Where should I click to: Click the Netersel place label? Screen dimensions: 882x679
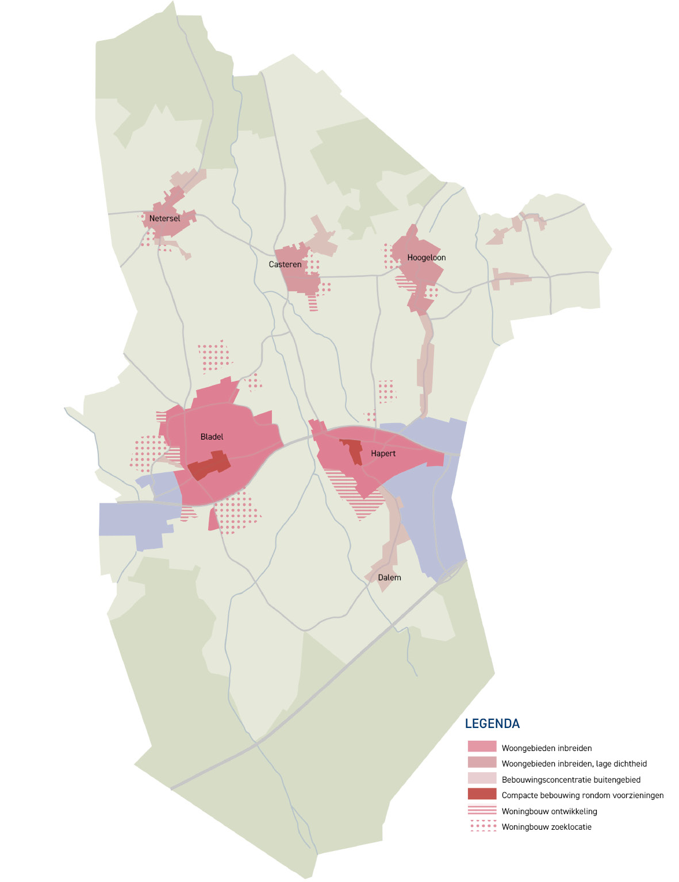pos(164,218)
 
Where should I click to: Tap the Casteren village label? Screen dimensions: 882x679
pos(285,264)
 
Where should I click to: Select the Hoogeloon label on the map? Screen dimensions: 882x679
pos(427,257)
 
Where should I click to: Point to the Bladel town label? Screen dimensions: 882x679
pos(212,437)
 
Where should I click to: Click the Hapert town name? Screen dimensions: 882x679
pos(383,453)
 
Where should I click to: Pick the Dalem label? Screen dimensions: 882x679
pos(389,577)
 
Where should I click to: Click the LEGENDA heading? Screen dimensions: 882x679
pos(492,724)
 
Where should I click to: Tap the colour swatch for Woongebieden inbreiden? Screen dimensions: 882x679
pos(482,747)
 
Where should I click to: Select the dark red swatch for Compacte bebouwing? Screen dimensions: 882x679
pos(482,795)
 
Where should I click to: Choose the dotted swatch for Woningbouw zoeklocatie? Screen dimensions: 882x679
pos(482,826)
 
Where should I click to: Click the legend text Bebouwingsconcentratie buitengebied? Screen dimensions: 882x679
pos(571,780)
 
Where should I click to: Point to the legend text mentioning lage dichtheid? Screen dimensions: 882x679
pos(574,764)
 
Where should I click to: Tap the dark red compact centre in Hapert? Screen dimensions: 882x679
pos(352,449)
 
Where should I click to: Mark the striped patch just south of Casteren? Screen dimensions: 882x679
pos(313,302)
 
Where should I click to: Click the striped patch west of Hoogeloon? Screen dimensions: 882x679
pos(405,282)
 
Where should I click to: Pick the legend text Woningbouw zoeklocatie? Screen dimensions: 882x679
pos(546,827)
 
